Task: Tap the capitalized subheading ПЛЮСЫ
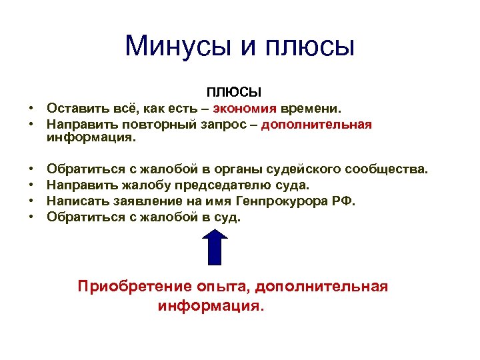234,91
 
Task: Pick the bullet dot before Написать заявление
31,201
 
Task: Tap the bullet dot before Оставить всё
31,108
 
